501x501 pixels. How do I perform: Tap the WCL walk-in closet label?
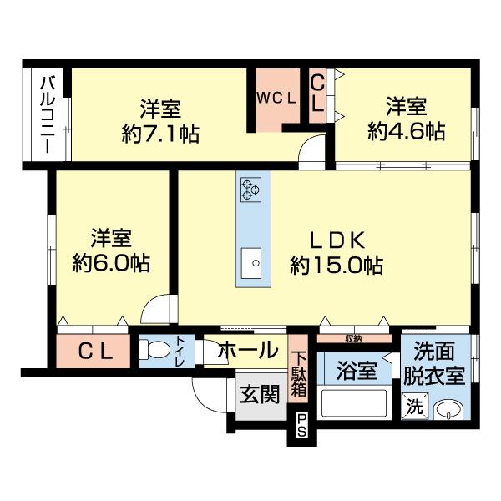276,98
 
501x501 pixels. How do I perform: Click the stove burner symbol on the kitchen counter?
251,190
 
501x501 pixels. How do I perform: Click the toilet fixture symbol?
156,352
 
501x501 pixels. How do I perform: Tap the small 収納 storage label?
352,338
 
